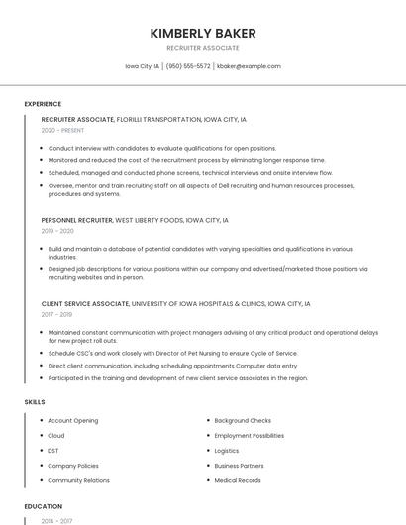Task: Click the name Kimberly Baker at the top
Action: [x=202, y=33]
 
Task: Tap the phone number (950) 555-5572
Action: [x=188, y=66]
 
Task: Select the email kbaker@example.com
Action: [x=249, y=66]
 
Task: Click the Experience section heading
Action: [x=43, y=104]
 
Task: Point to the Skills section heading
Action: [x=35, y=402]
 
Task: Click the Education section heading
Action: [x=44, y=506]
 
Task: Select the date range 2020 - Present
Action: [x=62, y=130]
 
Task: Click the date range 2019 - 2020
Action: [x=57, y=231]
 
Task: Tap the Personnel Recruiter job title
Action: [x=77, y=220]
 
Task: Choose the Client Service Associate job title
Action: [x=85, y=304]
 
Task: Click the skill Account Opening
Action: [x=72, y=421]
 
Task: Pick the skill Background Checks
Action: [x=243, y=421]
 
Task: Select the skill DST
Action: [x=53, y=451]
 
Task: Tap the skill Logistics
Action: [x=227, y=451]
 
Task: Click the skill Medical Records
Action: [x=238, y=480]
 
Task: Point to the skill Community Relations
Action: [x=78, y=480]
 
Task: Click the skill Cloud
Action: [x=56, y=436]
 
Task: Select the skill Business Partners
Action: [x=239, y=466]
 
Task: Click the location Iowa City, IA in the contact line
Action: [x=143, y=66]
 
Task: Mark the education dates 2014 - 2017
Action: [x=55, y=520]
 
